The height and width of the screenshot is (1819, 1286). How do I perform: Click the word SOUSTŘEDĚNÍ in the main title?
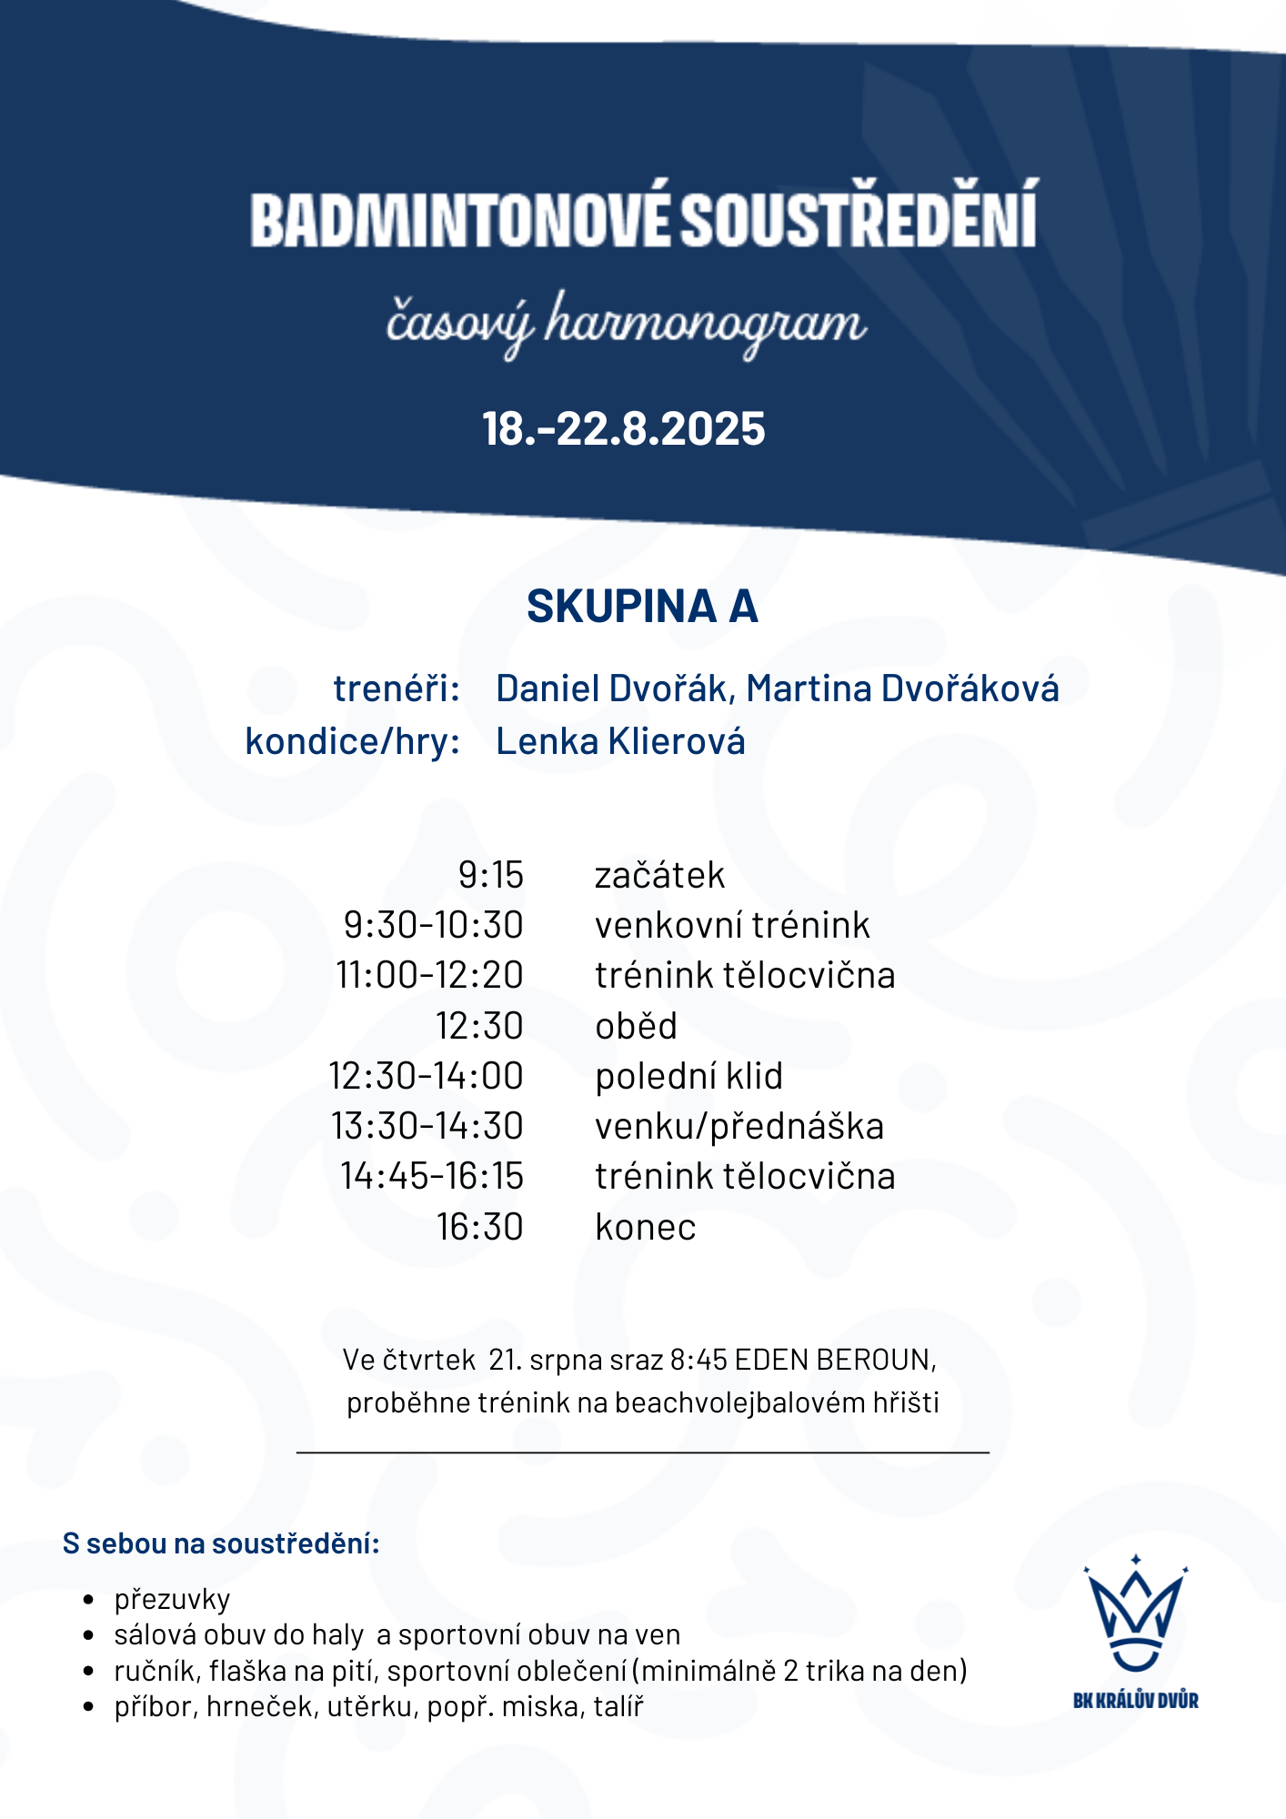(x=859, y=219)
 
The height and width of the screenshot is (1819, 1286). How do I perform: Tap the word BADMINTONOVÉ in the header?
(x=462, y=219)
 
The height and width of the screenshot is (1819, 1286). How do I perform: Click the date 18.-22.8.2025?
(x=624, y=429)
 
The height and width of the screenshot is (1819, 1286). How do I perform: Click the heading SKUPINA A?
(x=642, y=607)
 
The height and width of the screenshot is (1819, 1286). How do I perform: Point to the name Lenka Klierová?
(x=620, y=741)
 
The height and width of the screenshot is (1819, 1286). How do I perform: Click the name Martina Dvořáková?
(x=902, y=688)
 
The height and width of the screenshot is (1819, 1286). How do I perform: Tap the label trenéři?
(x=397, y=688)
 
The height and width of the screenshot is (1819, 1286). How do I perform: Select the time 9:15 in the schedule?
(x=491, y=875)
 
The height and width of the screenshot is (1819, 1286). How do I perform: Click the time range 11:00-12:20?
(x=430, y=975)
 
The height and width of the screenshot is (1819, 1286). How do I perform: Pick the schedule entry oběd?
(x=636, y=1026)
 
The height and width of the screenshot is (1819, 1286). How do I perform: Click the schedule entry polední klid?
(x=688, y=1076)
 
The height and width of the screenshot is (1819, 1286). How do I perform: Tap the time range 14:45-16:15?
(x=432, y=1176)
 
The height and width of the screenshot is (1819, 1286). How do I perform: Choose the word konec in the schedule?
(x=645, y=1227)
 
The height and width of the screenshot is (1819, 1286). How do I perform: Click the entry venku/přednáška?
(x=738, y=1126)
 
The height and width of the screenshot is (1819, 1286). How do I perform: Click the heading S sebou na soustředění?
(x=221, y=1543)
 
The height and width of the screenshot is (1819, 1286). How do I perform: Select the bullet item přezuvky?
(x=172, y=1599)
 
